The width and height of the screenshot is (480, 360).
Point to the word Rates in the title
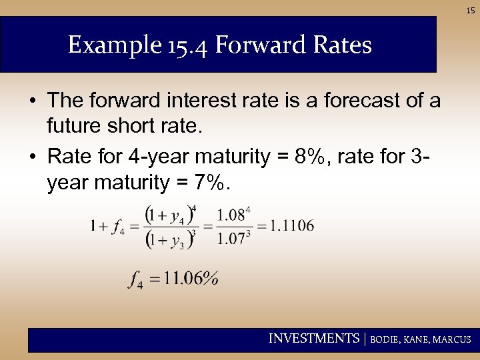(x=341, y=46)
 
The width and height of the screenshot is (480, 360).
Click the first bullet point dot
(x=32, y=101)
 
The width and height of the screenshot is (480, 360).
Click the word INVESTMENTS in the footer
(x=313, y=339)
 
